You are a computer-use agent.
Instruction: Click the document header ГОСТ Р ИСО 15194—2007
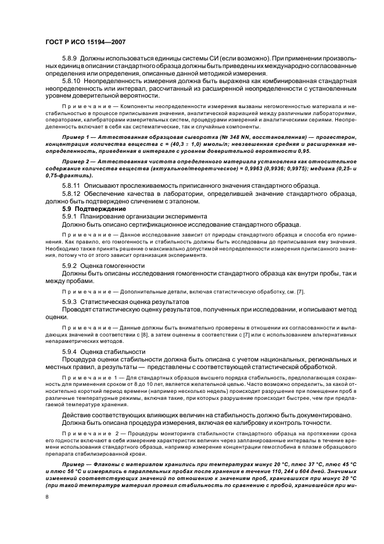pyautogui.click(x=85, y=42)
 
